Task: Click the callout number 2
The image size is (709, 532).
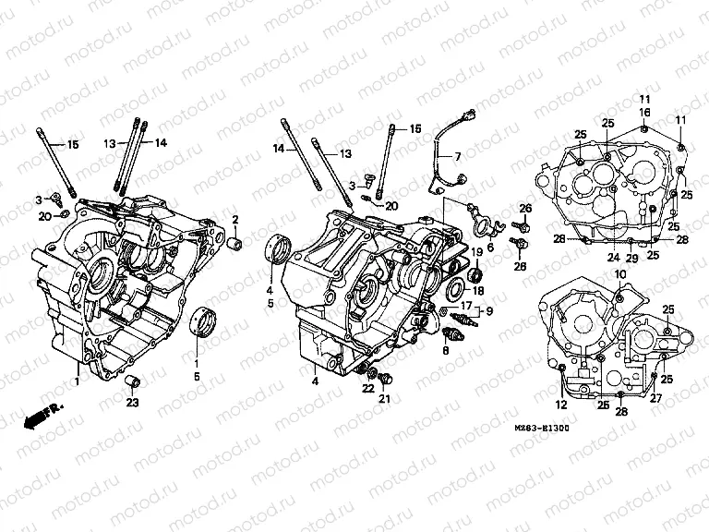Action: point(235,219)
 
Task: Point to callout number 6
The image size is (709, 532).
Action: point(490,247)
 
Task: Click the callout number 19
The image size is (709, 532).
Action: point(478,252)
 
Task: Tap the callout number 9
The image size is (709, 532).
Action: point(489,310)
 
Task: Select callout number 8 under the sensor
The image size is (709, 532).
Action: point(445,351)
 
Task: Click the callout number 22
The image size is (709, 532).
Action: point(368,388)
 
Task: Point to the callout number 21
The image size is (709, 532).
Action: point(386,399)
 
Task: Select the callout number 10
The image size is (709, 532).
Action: point(619,274)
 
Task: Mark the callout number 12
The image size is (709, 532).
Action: point(560,404)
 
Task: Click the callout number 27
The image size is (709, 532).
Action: point(656,399)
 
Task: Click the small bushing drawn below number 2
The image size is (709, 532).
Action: point(235,245)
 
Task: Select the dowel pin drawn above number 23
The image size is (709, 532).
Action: point(132,382)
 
